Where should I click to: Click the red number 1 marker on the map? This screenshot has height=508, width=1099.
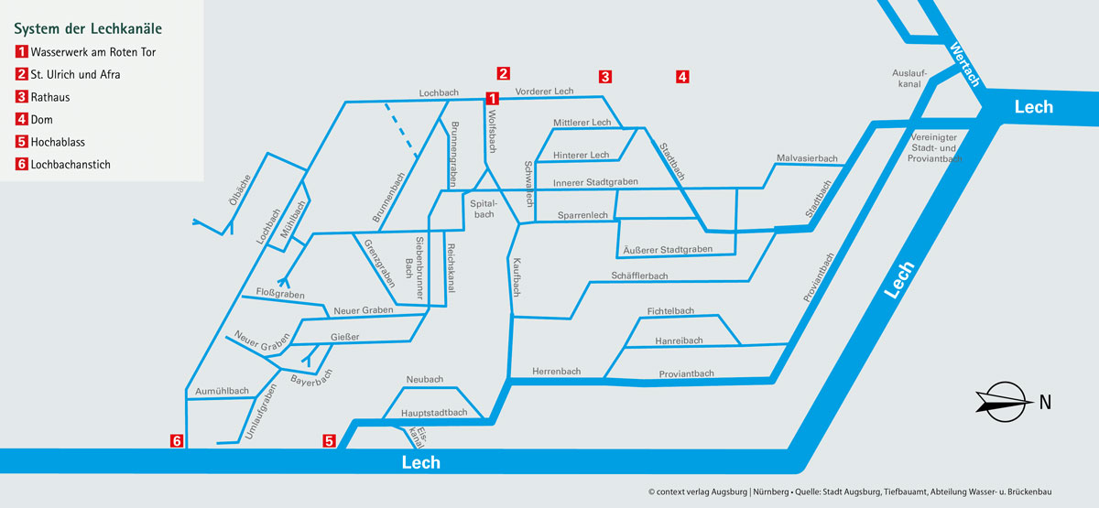point(492,98)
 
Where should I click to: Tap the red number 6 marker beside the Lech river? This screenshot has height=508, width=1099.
point(178,441)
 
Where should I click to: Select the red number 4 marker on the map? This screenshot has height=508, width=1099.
point(682,77)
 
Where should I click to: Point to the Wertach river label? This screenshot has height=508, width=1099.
point(965,64)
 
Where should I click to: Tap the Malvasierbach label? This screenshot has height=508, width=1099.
point(807,159)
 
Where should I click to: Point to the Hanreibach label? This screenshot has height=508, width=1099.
point(679,340)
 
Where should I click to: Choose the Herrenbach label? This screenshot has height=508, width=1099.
point(557,372)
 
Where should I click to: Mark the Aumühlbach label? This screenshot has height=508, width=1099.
point(222,391)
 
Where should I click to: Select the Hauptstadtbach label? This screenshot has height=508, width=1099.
point(434,413)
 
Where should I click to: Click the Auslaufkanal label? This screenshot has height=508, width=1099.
point(909,79)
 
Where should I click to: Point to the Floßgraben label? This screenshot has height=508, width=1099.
point(279,295)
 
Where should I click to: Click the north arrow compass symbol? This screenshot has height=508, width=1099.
point(1004,399)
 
